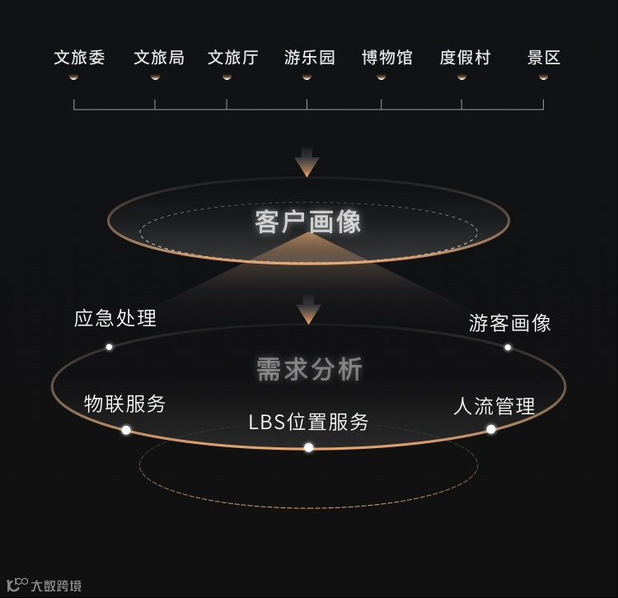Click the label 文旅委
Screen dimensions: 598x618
(x=80, y=58)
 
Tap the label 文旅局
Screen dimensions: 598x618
(x=159, y=58)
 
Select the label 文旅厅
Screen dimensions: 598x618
(x=233, y=58)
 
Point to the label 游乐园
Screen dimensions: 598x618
(x=310, y=58)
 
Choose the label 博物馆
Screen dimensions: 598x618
(x=387, y=58)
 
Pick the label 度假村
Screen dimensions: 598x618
(x=466, y=58)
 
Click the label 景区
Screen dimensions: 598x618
(x=544, y=58)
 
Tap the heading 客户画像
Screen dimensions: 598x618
(x=308, y=222)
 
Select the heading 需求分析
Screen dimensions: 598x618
(x=309, y=370)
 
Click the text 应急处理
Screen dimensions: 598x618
(x=115, y=318)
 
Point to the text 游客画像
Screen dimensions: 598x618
(x=510, y=323)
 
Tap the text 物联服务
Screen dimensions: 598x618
(x=125, y=404)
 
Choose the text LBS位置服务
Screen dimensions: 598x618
(x=309, y=422)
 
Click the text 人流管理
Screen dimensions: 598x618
(x=494, y=406)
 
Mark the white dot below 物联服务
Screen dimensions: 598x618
(x=126, y=430)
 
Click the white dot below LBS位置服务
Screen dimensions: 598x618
(x=309, y=447)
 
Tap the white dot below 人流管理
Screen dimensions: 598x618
(x=491, y=429)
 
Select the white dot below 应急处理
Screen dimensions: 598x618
(x=109, y=347)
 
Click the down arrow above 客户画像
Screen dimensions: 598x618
(x=307, y=162)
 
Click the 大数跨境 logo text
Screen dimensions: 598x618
(x=56, y=586)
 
